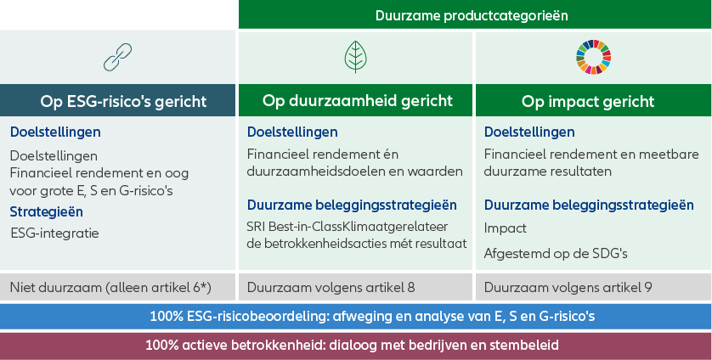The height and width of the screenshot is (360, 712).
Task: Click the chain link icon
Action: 117,57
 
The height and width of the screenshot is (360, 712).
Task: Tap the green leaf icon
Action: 355,57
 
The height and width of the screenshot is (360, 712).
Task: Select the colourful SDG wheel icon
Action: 593,57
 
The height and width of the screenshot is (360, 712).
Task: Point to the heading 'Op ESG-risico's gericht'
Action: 123,101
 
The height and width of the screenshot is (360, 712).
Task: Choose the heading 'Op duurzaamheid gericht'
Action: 358,100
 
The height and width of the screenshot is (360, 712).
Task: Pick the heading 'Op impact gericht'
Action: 588,101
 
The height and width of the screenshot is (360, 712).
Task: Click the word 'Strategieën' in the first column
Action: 47,212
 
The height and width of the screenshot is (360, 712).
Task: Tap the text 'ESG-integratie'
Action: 54,233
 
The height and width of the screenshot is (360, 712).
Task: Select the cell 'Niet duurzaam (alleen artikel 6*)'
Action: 110,287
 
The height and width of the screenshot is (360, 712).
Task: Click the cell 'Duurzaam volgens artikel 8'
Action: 331,287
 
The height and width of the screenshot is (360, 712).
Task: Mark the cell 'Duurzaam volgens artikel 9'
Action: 568,287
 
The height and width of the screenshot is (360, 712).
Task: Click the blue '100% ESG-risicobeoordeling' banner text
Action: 372,316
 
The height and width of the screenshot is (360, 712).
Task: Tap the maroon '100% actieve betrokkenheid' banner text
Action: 352,345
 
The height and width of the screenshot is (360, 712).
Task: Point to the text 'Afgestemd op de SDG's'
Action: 556,253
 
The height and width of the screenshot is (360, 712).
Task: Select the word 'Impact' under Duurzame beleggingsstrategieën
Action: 506,228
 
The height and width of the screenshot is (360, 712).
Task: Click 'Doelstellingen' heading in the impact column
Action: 529,132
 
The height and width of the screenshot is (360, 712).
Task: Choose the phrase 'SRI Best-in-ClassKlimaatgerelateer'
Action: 348,226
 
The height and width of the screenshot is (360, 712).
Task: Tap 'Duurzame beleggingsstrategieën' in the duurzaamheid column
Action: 352,205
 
